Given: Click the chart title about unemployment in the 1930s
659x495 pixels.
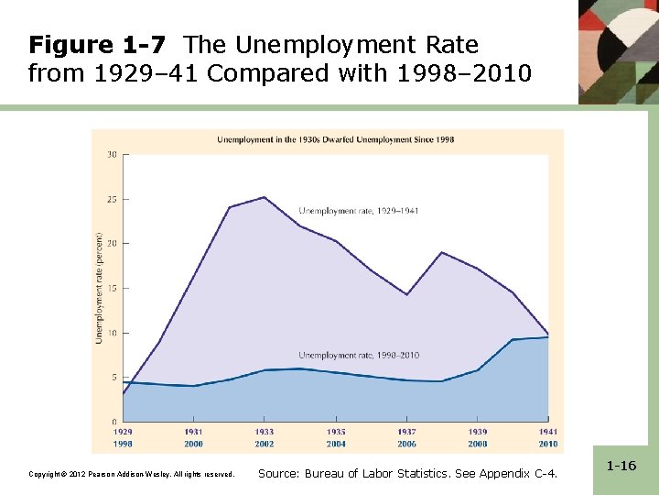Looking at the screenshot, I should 335,140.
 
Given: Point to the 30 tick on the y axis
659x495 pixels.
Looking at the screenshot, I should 112,154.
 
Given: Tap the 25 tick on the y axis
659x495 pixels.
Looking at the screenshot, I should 112,199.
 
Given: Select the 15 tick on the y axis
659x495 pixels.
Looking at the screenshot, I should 112,288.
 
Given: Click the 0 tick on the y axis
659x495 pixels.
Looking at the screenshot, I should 113,422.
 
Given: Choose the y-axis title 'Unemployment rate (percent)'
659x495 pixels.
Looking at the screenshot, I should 99,287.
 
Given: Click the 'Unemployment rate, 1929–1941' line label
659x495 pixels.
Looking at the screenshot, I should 359,211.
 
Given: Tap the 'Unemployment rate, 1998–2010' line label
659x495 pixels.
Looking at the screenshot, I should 359,355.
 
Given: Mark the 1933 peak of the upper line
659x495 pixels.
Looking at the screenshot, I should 265,197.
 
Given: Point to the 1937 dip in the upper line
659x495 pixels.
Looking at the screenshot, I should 406,294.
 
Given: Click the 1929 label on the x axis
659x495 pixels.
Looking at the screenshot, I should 123,432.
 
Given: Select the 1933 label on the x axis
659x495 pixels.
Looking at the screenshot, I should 265,432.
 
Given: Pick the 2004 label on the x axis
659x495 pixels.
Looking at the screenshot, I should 336,444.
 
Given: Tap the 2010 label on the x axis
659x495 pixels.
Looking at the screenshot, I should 547,444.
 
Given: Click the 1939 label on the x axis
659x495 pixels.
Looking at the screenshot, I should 477,432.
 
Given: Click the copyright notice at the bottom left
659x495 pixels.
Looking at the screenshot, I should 132,474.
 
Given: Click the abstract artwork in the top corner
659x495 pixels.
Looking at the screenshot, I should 618,50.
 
